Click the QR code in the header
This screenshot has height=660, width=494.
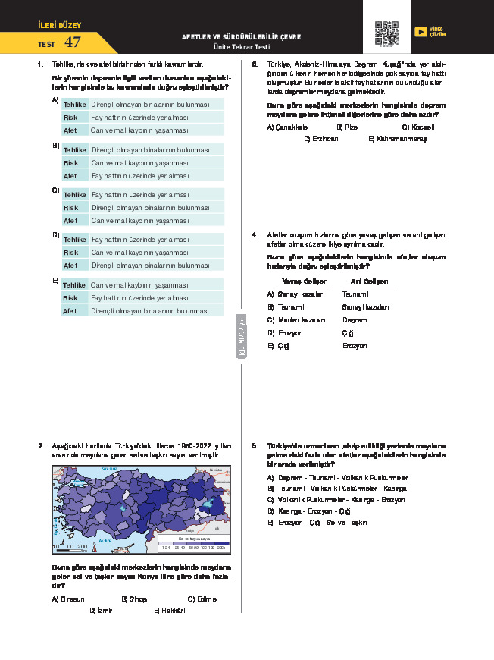(x=386, y=33)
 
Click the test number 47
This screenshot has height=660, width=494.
(x=73, y=43)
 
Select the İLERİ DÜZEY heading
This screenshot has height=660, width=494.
(x=59, y=25)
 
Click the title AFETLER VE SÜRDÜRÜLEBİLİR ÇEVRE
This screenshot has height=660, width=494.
(x=241, y=36)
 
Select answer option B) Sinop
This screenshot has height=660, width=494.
(x=134, y=599)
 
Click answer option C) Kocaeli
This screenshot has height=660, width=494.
(x=417, y=127)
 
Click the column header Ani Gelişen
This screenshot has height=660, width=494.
(x=364, y=281)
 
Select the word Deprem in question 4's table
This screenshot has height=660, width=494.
(x=355, y=319)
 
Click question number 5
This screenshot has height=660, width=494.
(x=255, y=445)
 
